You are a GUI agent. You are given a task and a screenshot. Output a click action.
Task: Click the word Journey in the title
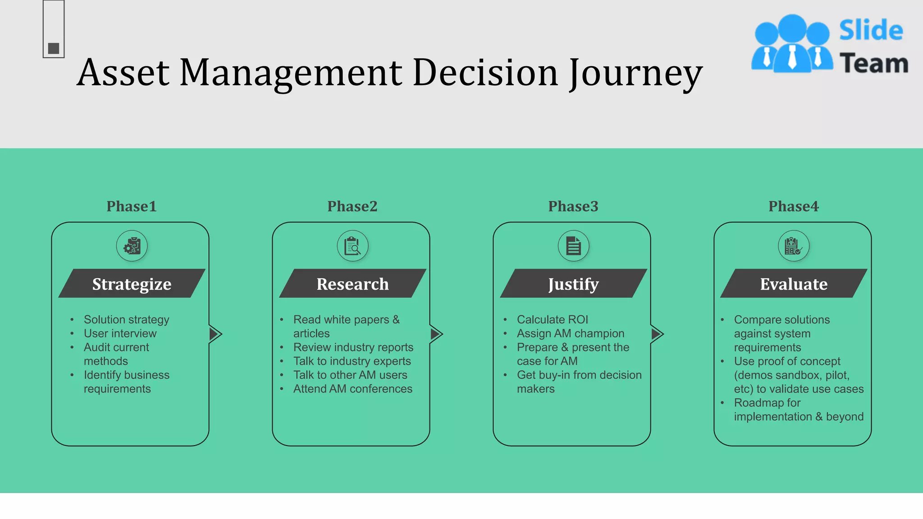click(635, 73)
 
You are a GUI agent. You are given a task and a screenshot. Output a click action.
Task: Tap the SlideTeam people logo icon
click(792, 44)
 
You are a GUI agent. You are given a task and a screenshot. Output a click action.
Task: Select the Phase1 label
click(131, 206)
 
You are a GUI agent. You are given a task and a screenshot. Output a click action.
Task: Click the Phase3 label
click(573, 206)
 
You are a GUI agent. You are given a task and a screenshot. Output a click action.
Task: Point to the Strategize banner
click(132, 284)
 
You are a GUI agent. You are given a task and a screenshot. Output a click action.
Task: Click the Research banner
click(352, 284)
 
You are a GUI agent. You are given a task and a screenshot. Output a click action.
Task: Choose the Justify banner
click(573, 284)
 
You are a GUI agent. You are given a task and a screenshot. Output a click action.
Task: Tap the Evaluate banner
click(794, 284)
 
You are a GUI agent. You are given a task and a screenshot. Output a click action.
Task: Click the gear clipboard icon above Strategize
click(132, 246)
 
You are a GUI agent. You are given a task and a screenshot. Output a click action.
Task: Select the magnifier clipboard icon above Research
click(352, 246)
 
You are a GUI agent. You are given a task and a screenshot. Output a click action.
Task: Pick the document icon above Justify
click(573, 246)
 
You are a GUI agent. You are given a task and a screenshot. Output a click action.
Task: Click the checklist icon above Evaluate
click(793, 246)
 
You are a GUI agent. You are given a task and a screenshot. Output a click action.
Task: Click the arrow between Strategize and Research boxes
click(215, 334)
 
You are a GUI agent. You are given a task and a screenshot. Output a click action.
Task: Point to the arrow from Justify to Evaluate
click(657, 334)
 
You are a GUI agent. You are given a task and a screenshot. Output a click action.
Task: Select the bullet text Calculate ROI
click(552, 319)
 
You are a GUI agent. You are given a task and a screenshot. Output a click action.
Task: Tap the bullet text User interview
click(120, 333)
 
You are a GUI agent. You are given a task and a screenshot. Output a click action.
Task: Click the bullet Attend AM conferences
click(352, 389)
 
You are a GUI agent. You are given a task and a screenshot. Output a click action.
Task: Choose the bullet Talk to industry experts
click(352, 361)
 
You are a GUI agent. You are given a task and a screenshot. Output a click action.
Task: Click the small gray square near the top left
click(54, 48)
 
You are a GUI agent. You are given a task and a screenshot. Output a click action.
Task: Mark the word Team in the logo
click(873, 63)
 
